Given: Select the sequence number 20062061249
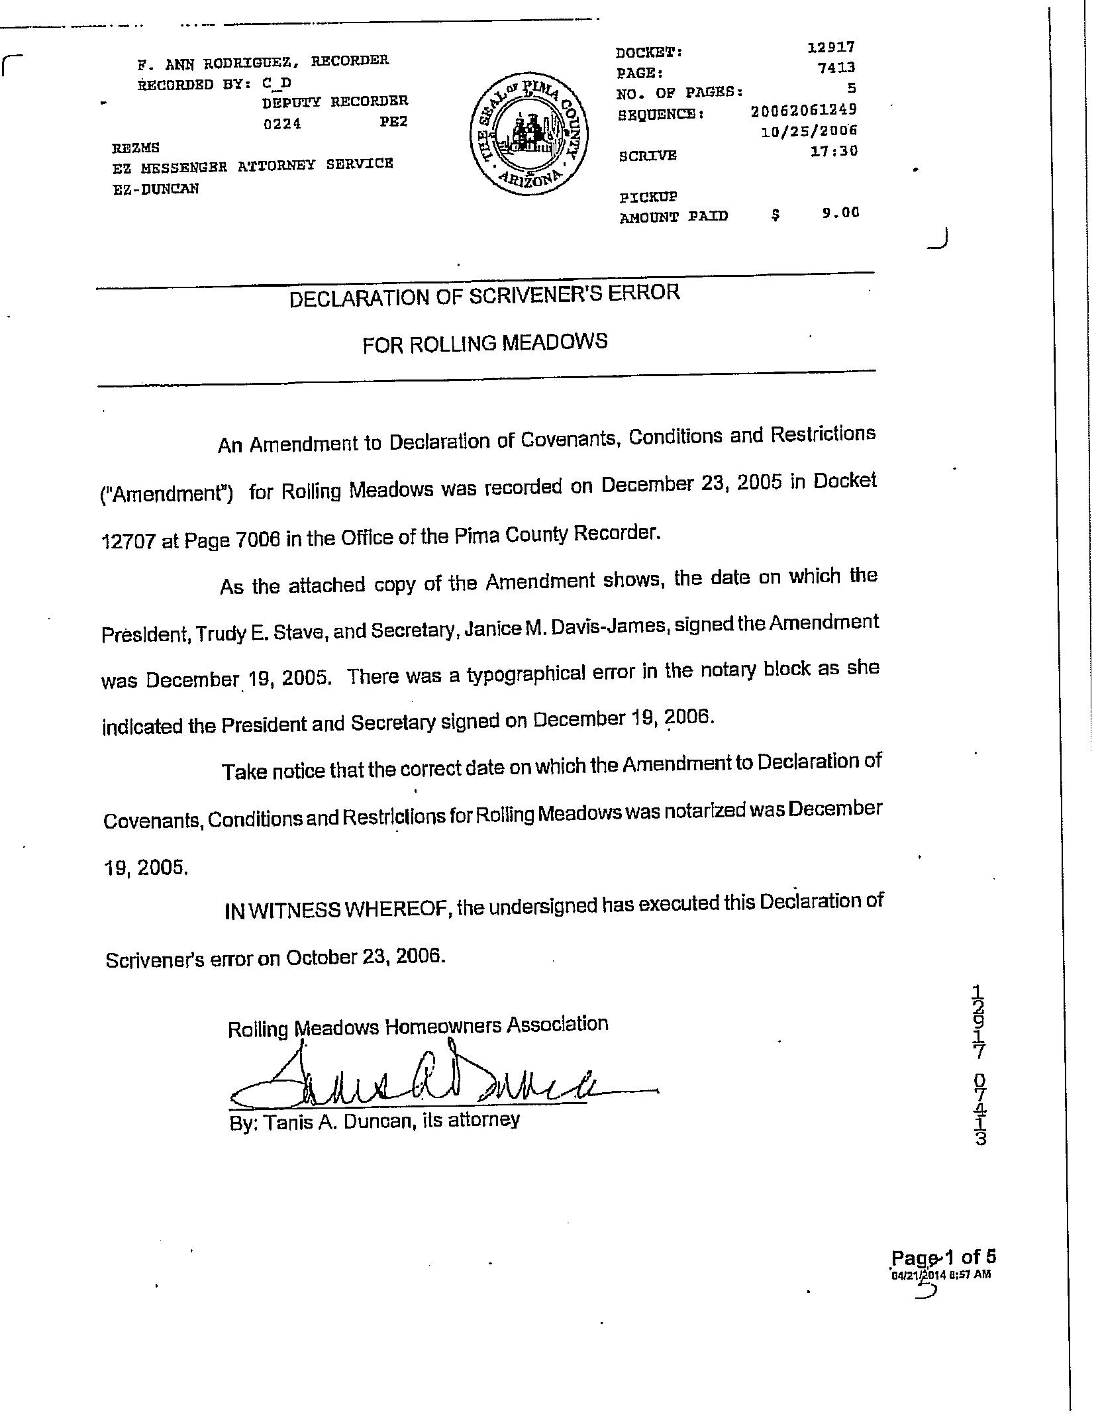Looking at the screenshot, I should tap(803, 110).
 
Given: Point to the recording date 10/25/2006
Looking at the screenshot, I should tap(809, 130).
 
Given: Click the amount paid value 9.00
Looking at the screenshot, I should tap(840, 213).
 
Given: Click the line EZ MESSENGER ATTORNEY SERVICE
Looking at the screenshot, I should tap(252, 166).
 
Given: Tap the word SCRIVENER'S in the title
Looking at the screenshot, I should tap(530, 295).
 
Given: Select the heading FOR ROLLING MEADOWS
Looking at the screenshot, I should tap(485, 343).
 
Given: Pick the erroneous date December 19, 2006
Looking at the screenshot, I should tap(623, 719).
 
